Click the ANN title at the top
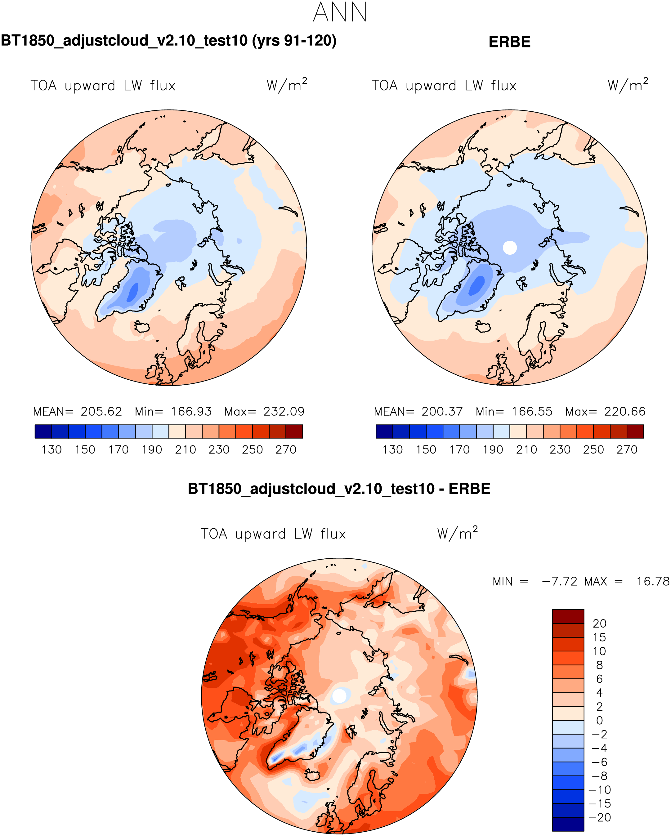coord(339,12)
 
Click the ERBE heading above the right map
coord(509,42)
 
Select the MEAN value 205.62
coord(101,411)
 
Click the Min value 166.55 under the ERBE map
coord(532,411)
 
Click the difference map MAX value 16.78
coord(653,581)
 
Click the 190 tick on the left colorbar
coord(152,450)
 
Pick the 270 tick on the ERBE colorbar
coord(627,450)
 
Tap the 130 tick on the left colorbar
coord(51,450)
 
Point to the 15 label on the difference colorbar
coord(599,637)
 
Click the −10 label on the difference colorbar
coord(599,790)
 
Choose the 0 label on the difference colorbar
coord(599,720)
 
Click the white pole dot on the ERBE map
coord(510,248)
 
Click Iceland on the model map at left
coord(142,327)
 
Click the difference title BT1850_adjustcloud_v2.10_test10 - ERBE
coord(339,489)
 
